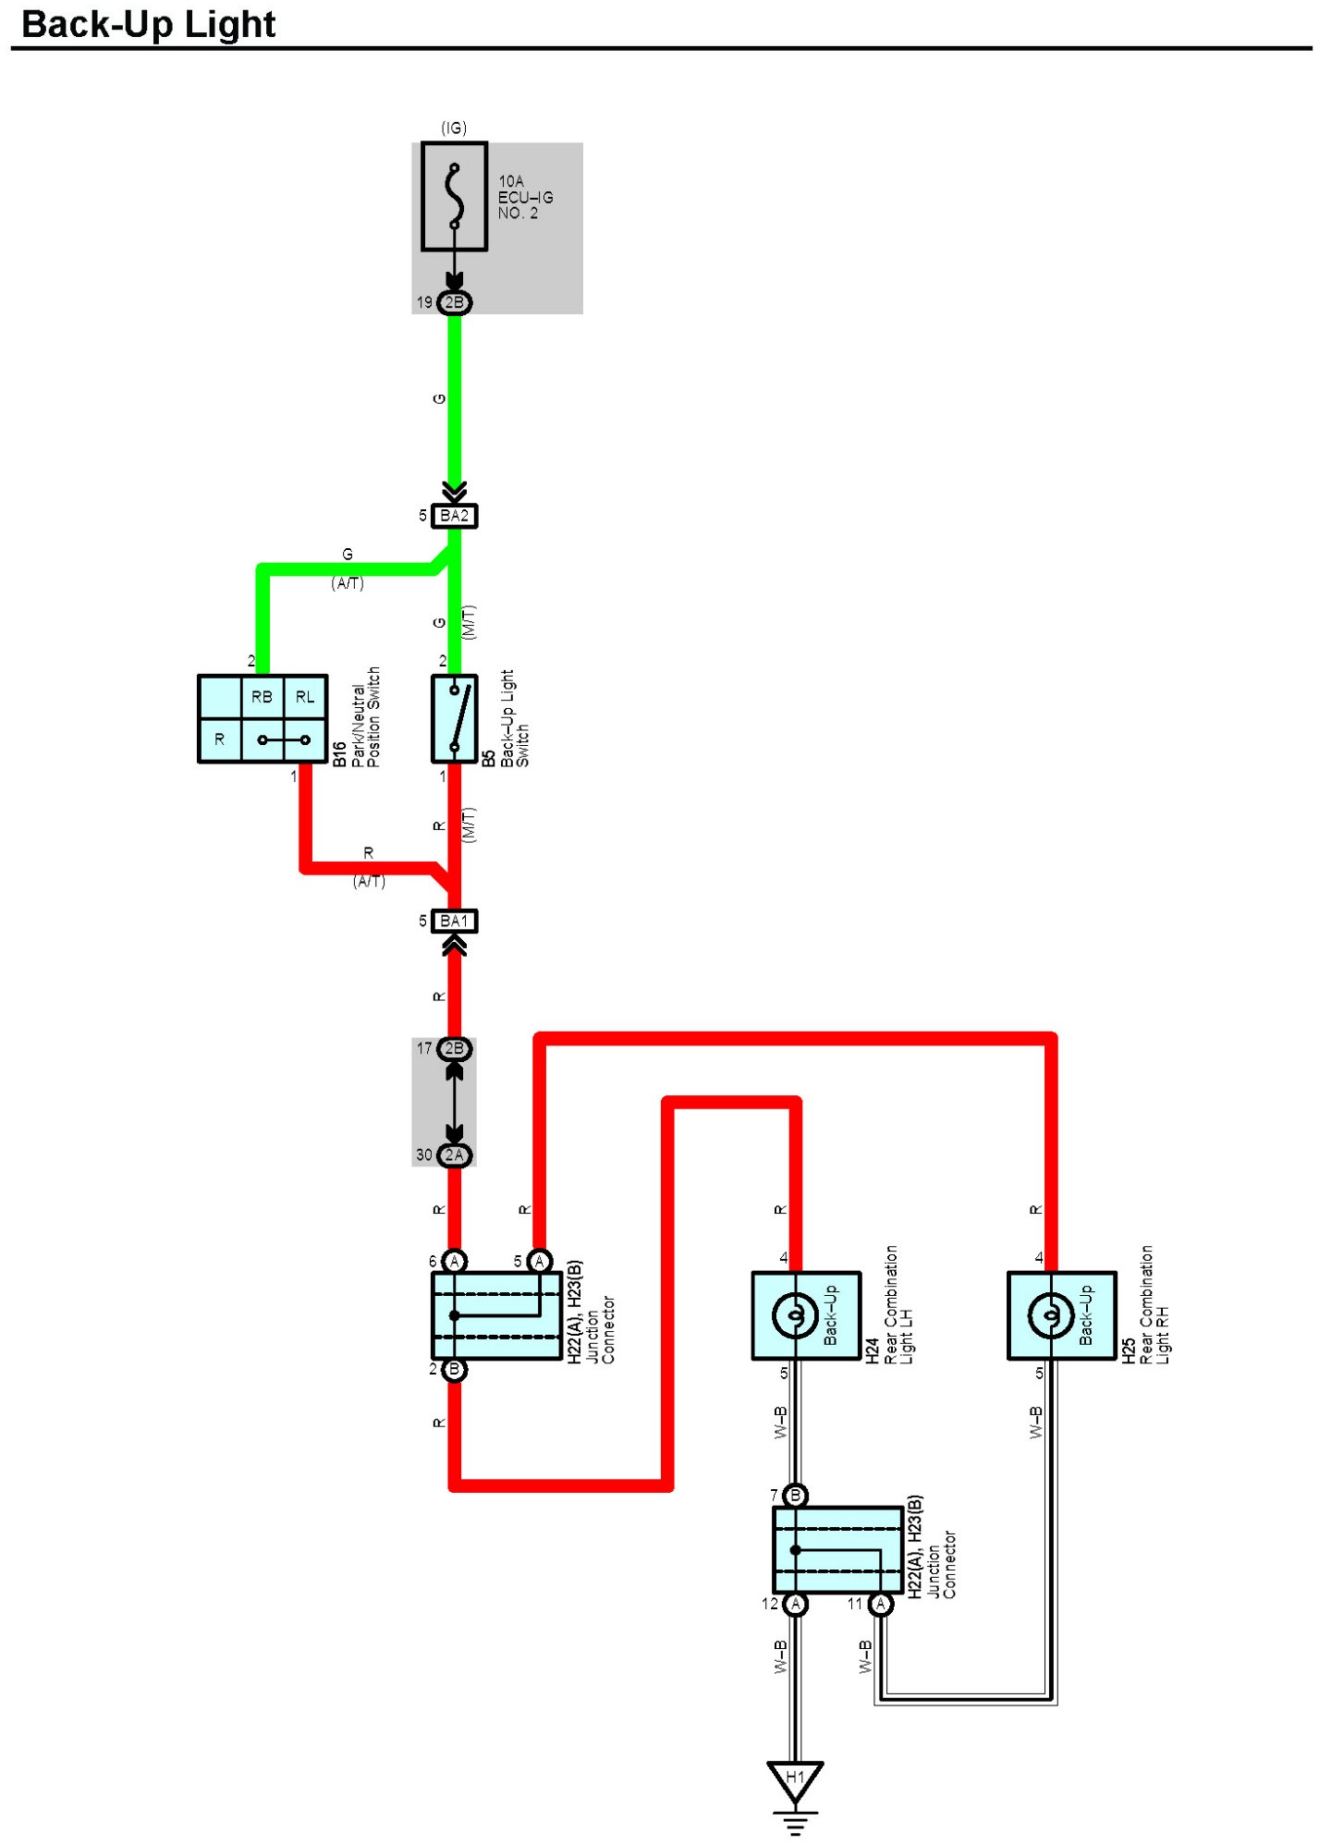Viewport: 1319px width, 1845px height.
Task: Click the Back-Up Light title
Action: (148, 24)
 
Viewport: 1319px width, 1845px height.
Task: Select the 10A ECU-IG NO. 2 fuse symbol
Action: (454, 196)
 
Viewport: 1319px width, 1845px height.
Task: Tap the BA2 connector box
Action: (454, 516)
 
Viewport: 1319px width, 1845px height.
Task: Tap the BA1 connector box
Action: (454, 922)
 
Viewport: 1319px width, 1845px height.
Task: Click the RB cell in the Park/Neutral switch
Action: (262, 697)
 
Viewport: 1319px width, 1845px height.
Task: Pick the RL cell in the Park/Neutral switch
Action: (305, 697)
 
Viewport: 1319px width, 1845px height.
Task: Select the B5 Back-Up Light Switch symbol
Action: (454, 719)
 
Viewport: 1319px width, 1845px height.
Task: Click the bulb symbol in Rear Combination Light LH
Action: (795, 1315)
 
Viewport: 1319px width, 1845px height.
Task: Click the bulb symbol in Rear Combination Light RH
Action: (1051, 1315)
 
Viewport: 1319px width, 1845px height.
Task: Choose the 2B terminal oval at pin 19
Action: (454, 302)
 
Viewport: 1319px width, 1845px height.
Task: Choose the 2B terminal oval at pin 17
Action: (454, 1048)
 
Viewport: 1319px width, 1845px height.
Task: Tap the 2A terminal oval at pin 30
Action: (454, 1155)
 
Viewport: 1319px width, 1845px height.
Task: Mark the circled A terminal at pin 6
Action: (454, 1261)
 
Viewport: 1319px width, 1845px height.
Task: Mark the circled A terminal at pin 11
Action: (881, 1604)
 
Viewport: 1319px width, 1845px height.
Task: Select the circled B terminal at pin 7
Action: (795, 1495)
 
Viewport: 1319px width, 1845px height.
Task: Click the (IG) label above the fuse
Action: (454, 128)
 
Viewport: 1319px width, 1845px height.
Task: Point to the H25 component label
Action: (1129, 1350)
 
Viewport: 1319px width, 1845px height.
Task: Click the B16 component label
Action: (339, 754)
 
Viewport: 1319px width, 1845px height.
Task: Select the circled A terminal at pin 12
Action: (795, 1604)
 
